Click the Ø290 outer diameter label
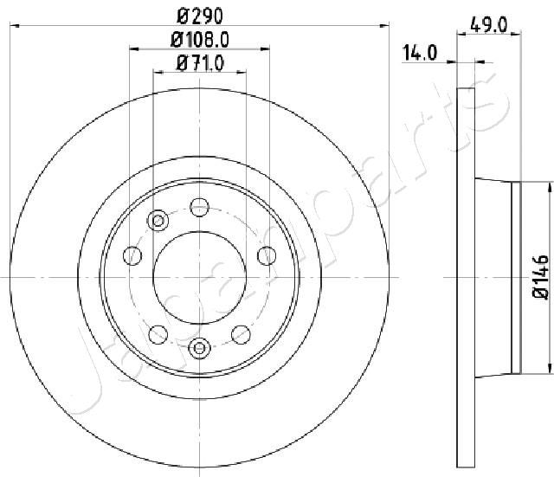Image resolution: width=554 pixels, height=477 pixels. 200,16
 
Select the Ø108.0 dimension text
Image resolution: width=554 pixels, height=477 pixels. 200,40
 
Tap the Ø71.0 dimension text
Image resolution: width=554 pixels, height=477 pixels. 200,63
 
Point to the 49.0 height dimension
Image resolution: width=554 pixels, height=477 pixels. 488,25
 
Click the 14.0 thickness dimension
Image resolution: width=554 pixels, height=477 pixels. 420,53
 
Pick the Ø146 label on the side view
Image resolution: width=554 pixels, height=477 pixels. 541,277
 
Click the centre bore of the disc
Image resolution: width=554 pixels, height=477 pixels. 200,277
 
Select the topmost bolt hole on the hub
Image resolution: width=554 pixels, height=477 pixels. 200,207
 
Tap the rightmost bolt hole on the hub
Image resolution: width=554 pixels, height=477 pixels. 267,255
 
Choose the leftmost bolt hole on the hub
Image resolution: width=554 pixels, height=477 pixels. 132,255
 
